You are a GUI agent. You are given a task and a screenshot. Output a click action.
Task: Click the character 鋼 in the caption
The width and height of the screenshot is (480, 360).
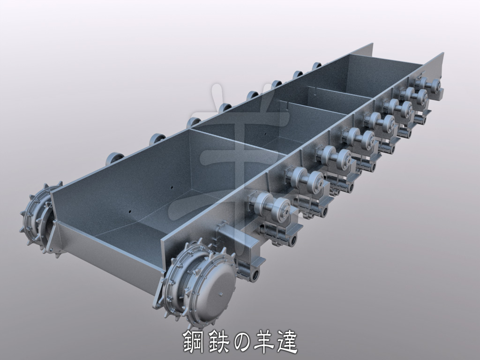195,342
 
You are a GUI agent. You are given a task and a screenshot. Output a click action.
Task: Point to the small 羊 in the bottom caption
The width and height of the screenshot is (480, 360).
264,342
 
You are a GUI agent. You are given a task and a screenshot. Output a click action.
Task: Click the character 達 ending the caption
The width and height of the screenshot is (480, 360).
286,342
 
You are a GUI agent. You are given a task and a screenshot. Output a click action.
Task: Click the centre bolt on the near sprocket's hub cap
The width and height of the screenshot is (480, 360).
221,294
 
